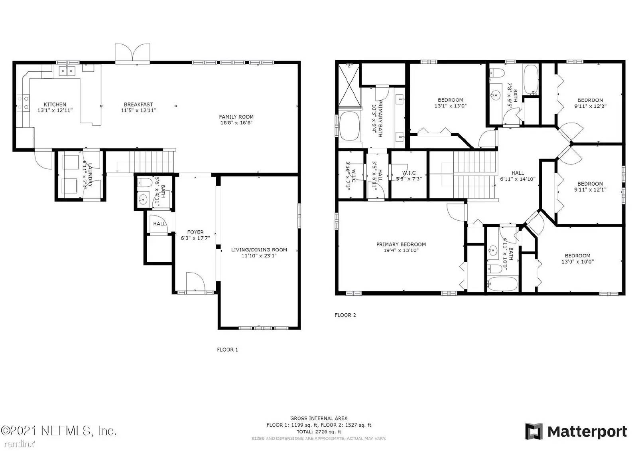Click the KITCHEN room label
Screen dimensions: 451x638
coord(55,104)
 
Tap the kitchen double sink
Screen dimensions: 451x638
coord(67,71)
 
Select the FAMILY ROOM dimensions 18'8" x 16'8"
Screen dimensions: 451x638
coord(236,123)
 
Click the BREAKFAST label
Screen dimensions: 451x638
coord(138,104)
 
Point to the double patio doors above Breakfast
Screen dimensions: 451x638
coord(132,53)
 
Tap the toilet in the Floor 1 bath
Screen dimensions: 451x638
coord(144,184)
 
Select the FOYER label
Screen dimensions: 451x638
coord(195,232)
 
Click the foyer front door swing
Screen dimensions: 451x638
coord(195,281)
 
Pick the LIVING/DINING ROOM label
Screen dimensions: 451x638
coord(259,250)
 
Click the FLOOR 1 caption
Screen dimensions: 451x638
coord(227,350)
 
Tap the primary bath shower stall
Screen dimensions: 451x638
coord(349,85)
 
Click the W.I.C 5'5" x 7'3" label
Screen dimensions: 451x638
coord(409,173)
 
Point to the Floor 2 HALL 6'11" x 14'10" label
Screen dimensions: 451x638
coord(518,173)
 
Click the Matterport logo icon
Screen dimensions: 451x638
coord(534,431)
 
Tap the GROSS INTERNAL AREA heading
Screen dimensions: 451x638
coord(319,418)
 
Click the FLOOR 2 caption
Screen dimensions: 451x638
coord(345,315)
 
